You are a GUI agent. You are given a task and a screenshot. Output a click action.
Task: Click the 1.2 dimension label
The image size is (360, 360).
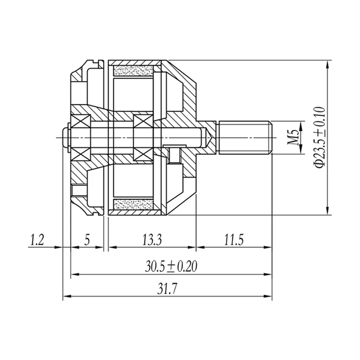pos(37,240)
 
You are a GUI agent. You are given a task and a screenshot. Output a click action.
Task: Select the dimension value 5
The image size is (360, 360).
pos(87,240)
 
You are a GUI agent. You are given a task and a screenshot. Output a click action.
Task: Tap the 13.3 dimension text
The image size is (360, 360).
pos(152,240)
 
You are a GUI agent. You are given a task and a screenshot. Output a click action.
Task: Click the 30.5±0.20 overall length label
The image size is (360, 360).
pos(171,266)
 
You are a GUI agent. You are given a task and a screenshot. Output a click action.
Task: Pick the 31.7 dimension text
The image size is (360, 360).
pos(167,289)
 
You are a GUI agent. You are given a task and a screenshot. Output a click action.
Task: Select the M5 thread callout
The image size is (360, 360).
pos(293,137)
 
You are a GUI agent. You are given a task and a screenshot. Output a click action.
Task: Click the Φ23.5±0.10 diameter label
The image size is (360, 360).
pos(320,137)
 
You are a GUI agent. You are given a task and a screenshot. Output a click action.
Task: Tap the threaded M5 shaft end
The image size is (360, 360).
pos(246,138)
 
